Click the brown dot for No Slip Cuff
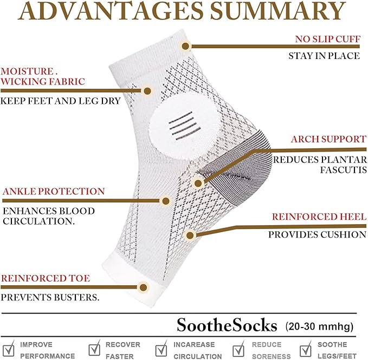[x=185, y=46]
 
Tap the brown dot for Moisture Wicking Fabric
[x=147, y=91]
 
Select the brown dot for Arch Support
[x=198, y=184]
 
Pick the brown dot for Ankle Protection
[x=166, y=201]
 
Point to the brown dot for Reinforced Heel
[x=190, y=235]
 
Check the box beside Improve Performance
[x=9, y=349]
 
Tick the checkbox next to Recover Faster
[x=94, y=349]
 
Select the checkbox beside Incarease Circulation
[x=162, y=349]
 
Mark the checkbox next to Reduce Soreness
[x=238, y=349]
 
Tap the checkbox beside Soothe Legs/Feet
[x=306, y=349]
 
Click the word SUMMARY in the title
[x=278, y=10]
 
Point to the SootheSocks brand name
[x=227, y=325]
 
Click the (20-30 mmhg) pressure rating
[x=319, y=326]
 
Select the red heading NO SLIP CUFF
[x=328, y=39]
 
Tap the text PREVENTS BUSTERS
[x=50, y=297]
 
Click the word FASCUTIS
[x=344, y=170]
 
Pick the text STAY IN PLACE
[x=324, y=56]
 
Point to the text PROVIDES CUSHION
[x=317, y=234]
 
